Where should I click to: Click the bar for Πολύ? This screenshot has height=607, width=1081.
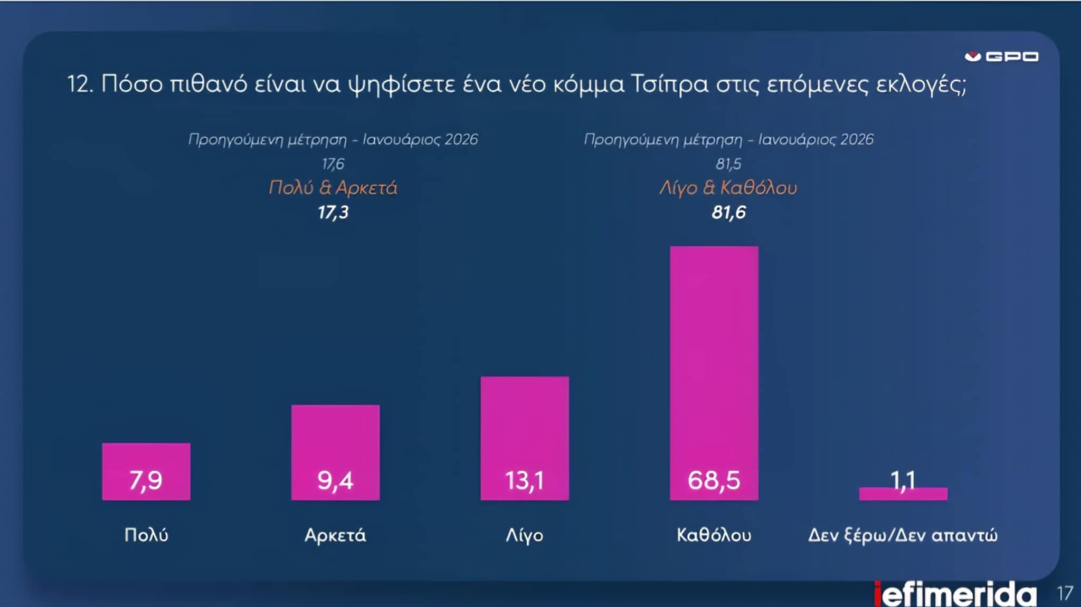pos(146,464)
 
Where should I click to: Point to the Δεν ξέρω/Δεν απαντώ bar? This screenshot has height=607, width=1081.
pos(903,495)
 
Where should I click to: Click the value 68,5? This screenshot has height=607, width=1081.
pos(714,480)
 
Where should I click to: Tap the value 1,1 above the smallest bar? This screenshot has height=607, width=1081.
pos(903,479)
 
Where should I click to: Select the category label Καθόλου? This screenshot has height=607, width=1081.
pos(714,535)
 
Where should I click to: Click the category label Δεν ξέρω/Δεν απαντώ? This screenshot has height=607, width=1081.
pos(903,535)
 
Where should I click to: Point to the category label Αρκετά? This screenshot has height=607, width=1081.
pos(335,535)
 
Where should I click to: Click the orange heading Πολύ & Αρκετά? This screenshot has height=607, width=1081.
pos(333,188)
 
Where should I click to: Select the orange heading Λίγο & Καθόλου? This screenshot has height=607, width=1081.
pos(728,188)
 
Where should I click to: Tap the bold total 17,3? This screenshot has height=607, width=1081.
pos(333,213)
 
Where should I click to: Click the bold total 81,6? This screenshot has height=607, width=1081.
pos(728,213)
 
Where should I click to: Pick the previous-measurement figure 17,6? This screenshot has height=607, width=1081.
pos(333,164)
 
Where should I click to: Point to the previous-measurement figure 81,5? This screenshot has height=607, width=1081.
pos(728,164)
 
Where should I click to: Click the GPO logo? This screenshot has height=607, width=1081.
pos(1001,56)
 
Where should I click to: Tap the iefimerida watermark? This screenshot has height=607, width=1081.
pos(955,594)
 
